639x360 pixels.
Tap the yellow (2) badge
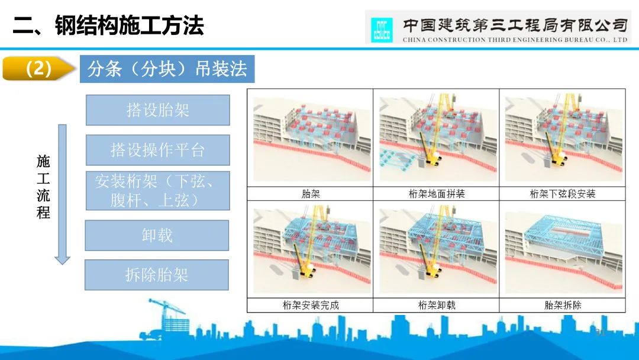[x=39, y=69]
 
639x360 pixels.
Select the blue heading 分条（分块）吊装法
[x=167, y=69]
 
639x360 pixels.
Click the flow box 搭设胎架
[x=157, y=110]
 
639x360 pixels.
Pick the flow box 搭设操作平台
[x=157, y=150]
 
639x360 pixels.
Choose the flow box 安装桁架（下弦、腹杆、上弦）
[x=157, y=191]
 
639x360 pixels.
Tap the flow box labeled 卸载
[x=157, y=235]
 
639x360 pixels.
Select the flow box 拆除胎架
[x=157, y=275]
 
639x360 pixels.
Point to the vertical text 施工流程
[x=43, y=187]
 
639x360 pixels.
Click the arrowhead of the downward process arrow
[x=62, y=259]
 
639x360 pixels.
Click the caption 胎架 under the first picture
[x=310, y=194]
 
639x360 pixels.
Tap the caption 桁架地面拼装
[x=437, y=194]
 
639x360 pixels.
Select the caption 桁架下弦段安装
[x=562, y=194]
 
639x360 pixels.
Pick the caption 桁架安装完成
[x=310, y=306]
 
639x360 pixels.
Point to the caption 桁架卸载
[x=437, y=306]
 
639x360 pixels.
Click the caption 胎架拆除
[x=562, y=306]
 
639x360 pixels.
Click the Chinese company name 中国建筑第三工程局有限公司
[x=514, y=25]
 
